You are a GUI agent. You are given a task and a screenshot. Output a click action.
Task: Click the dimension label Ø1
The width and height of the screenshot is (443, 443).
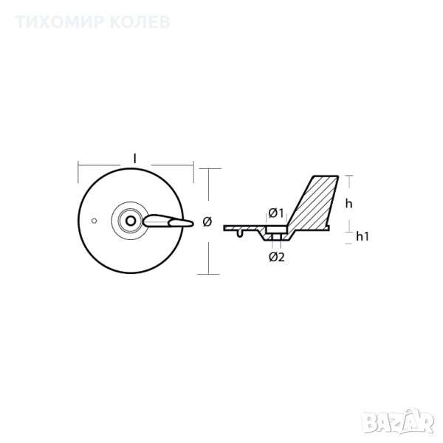click(x=275, y=213)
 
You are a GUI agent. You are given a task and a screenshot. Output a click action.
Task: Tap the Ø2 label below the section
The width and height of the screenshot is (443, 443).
click(x=277, y=257)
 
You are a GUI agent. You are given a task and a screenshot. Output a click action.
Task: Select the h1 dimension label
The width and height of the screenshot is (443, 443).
click(x=363, y=236)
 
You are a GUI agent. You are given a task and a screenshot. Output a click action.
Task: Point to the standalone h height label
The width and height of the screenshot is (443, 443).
click(x=349, y=204)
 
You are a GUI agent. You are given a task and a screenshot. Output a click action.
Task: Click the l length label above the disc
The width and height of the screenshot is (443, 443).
click(x=135, y=159)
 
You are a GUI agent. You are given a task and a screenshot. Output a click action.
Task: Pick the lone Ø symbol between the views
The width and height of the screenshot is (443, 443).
click(x=207, y=221)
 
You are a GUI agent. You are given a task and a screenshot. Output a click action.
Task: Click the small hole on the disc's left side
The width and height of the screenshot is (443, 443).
click(x=95, y=221)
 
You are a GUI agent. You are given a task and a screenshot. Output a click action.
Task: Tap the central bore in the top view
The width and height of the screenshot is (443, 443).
click(x=130, y=221)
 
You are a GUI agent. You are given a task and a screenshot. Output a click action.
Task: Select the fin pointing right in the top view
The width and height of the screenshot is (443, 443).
click(x=168, y=221)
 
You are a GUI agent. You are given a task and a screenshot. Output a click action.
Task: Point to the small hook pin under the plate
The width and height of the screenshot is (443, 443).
click(x=239, y=233)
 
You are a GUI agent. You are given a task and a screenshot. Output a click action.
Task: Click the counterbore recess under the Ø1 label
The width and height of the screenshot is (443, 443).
click(x=277, y=229)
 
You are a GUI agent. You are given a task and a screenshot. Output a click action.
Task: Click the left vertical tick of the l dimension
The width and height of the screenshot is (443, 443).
click(x=78, y=172)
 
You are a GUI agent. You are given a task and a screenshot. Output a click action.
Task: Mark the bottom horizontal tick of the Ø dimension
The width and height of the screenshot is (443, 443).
click(x=208, y=274)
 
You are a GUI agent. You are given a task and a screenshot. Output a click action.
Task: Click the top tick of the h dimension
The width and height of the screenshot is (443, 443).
click(x=349, y=176)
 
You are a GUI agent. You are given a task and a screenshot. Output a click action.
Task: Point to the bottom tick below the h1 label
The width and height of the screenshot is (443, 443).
click(x=349, y=243)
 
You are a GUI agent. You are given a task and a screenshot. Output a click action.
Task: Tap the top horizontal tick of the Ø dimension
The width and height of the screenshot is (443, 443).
click(x=210, y=168)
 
